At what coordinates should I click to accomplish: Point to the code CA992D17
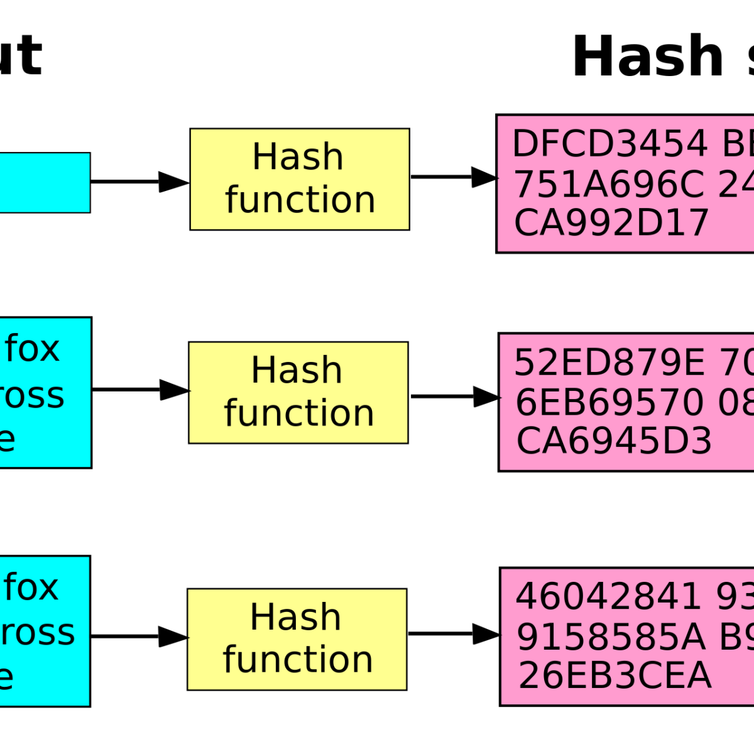pos(611,223)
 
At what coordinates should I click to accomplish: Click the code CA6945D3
pos(614,441)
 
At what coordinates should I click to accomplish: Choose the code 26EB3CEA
pos(615,675)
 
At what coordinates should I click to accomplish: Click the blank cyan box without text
pos(44,182)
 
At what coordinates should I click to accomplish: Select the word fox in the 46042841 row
pos(31,587)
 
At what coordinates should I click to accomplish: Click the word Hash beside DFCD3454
pos(298,156)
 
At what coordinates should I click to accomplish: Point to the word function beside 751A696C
pos(300,200)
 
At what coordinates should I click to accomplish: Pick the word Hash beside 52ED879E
pos(297,370)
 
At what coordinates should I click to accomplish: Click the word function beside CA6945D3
pos(299,413)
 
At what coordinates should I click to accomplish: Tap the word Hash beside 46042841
pos(295,617)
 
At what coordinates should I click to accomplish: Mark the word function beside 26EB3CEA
pos(298,660)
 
